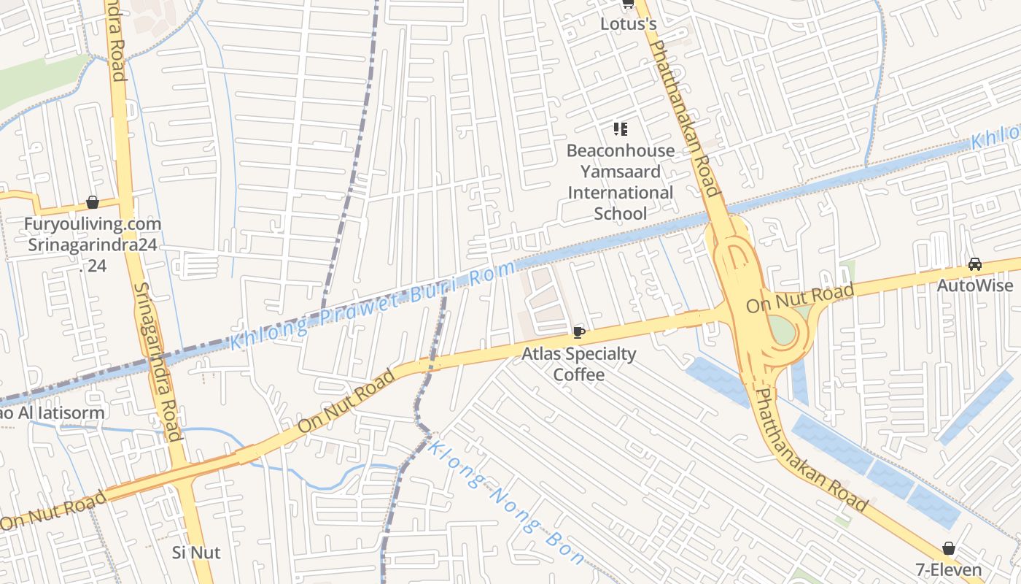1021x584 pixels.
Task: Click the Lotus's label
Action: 628,24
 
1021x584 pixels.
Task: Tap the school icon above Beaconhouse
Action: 621,130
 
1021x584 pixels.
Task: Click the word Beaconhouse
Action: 621,151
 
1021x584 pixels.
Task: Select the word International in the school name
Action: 621,193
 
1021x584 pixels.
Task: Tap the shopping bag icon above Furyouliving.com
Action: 93,202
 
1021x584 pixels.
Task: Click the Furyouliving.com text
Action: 93,224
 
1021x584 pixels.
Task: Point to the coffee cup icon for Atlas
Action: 579,333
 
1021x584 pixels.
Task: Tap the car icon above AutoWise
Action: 974,264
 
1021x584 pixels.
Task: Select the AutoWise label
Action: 974,285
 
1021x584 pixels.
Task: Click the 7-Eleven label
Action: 948,569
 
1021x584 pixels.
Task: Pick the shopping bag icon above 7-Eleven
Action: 948,548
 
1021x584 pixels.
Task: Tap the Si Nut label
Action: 196,553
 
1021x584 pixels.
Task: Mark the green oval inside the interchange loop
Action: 783,331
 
